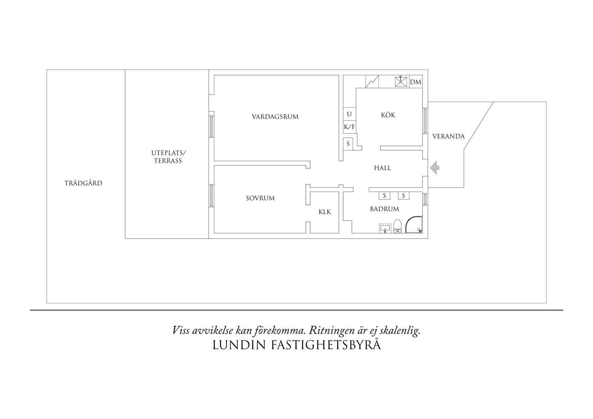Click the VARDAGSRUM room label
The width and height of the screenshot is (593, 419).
(x=275, y=117)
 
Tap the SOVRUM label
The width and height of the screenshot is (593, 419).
(x=260, y=198)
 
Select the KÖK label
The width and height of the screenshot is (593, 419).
(x=388, y=115)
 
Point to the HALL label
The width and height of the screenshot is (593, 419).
(x=382, y=168)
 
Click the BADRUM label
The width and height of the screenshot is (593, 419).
(x=384, y=209)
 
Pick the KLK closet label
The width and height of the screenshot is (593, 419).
(x=325, y=212)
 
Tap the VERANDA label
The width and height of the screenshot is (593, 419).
(x=448, y=137)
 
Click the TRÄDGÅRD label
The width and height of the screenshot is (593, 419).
(x=83, y=183)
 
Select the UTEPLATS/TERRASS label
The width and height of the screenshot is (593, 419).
(x=168, y=157)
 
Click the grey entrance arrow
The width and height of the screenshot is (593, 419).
(x=435, y=167)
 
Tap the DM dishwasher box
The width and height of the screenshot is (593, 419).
(x=416, y=82)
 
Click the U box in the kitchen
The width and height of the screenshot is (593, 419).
(x=349, y=114)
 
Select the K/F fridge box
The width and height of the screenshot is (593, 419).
(x=349, y=127)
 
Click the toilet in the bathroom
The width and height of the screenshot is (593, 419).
(x=397, y=226)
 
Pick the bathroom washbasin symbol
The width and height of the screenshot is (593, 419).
(x=385, y=228)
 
